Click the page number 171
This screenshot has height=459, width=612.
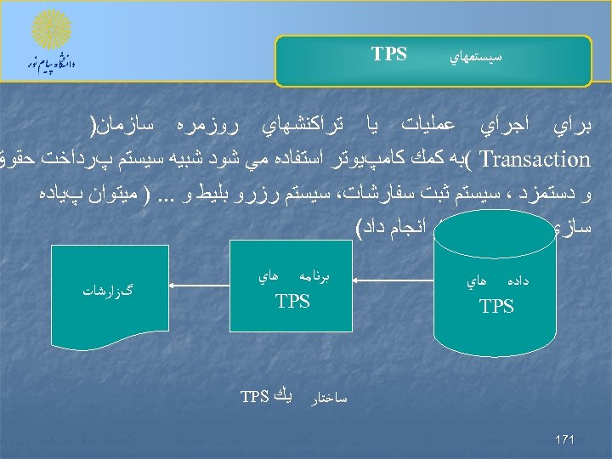564,439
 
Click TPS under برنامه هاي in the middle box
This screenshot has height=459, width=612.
292,301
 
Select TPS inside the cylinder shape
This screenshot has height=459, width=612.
496,306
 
